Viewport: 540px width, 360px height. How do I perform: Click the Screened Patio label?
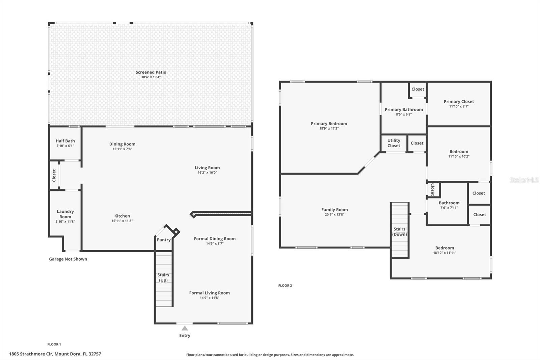[151, 72]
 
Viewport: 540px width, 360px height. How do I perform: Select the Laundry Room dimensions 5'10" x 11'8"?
[65, 222]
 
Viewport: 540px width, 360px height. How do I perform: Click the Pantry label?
[164, 240]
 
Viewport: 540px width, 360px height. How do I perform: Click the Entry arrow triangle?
[185, 328]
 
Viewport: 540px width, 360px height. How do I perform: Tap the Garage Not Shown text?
[68, 259]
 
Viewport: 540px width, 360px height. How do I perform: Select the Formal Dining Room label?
[215, 239]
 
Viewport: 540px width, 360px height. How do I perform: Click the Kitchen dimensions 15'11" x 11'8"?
[122, 221]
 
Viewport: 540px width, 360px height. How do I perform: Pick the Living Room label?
[207, 168]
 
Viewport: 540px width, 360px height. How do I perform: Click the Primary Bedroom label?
[329, 124]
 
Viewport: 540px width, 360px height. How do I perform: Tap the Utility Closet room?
[394, 143]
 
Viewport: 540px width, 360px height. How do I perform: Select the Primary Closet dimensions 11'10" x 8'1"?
[459, 106]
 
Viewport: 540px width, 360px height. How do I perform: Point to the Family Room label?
[334, 210]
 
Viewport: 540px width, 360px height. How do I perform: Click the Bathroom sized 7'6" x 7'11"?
[449, 205]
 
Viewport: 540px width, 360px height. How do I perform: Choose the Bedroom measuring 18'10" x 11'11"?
[444, 250]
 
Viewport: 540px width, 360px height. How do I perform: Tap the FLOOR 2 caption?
[285, 286]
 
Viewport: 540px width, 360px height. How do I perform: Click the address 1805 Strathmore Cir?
[55, 354]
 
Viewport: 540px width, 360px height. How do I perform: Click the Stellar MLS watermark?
[524, 180]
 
